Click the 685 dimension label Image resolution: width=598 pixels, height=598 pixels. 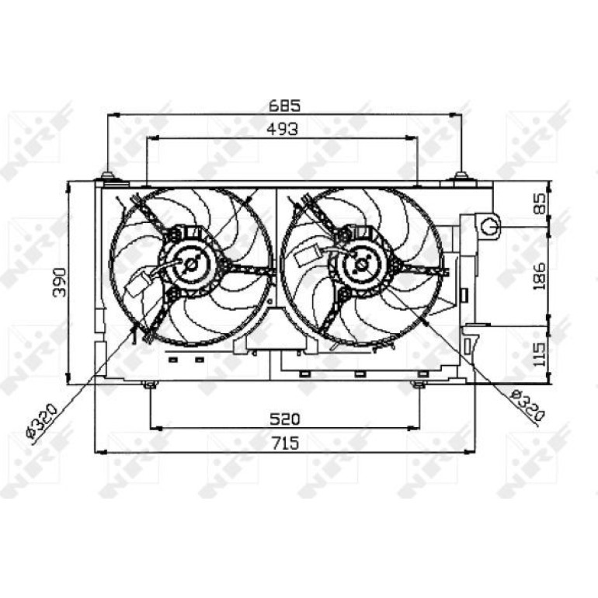[284, 106]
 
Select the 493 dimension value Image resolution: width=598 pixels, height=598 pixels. [282, 130]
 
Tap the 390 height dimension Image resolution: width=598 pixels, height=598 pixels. [60, 282]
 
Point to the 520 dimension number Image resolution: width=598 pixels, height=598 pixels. [285, 419]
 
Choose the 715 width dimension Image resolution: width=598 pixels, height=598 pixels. [285, 443]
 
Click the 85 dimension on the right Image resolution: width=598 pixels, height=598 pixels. [540, 203]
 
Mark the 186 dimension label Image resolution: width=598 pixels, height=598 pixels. [540, 276]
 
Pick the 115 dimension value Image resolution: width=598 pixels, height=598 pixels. [540, 354]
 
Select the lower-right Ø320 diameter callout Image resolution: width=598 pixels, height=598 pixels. [527, 405]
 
